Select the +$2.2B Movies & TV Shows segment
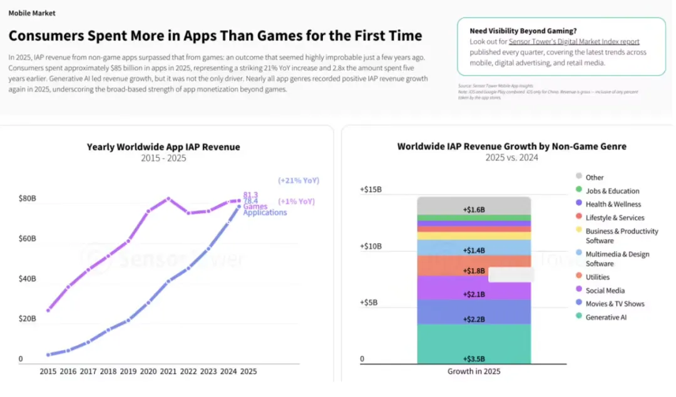tap(474, 311)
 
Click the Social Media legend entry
tap(605, 291)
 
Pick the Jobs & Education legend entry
tap(612, 191)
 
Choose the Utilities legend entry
tap(597, 277)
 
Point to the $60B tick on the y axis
tap(28, 239)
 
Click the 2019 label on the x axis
tap(128, 371)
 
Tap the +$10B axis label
tap(371, 246)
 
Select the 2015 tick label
tap(48, 371)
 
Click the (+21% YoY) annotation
tap(299, 180)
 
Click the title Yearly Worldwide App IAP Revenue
tap(163, 147)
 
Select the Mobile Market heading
tap(32, 13)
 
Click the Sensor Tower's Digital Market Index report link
tap(574, 41)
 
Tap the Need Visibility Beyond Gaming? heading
tap(523, 31)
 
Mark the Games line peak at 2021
tap(168, 199)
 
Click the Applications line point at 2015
tap(48, 354)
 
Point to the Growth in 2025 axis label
tap(474, 371)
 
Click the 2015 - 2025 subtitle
tap(163, 158)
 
